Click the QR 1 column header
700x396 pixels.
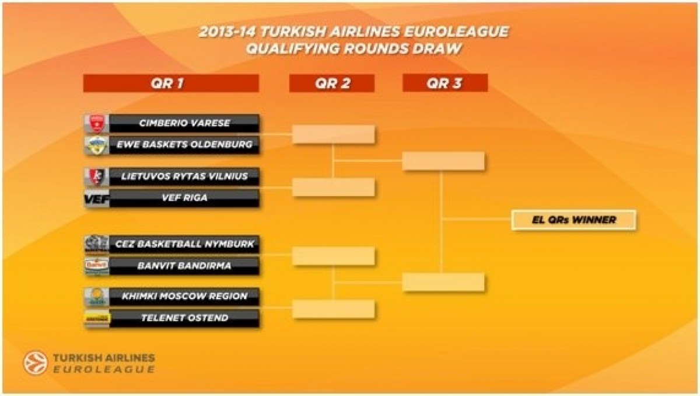click(171, 83)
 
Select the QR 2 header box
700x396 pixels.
click(332, 83)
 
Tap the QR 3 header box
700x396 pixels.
click(444, 83)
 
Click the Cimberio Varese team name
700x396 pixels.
click(184, 123)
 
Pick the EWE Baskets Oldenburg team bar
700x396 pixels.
click(184, 145)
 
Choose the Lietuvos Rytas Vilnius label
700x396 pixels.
click(184, 176)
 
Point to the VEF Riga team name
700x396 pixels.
click(184, 198)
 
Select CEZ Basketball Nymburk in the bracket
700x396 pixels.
click(184, 244)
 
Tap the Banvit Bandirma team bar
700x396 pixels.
click(184, 266)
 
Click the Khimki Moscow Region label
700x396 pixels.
click(184, 296)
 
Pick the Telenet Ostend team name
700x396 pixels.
click(184, 318)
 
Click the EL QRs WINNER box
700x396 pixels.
click(573, 220)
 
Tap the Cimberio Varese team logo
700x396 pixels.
click(96, 123)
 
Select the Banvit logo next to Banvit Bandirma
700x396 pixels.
click(96, 266)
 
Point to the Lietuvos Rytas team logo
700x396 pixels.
click(96, 176)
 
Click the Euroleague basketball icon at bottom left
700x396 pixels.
click(35, 363)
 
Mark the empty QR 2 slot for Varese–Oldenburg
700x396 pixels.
click(333, 134)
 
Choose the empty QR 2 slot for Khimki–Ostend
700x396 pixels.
click(333, 309)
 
